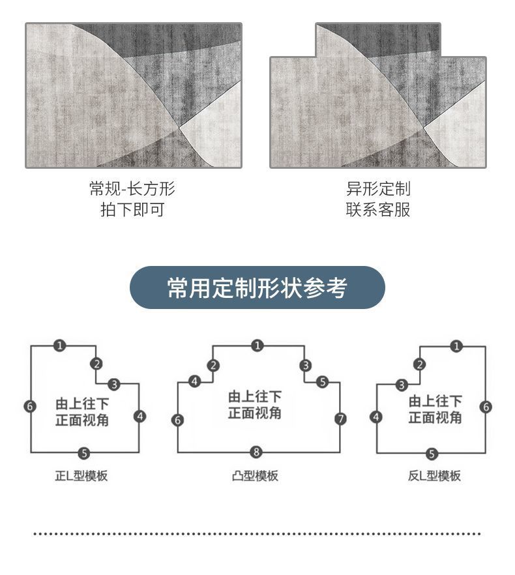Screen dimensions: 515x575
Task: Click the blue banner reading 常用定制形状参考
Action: [257, 287]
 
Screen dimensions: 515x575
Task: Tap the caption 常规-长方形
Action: [132, 189]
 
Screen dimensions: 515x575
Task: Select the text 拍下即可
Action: [132, 210]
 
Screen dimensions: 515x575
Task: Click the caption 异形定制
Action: [378, 189]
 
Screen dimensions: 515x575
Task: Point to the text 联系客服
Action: [378, 210]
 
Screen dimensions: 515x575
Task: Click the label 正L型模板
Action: [81, 476]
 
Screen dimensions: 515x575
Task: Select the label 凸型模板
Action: [255, 476]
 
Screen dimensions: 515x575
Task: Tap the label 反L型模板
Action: [434, 476]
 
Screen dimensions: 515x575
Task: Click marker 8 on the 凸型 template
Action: [256, 452]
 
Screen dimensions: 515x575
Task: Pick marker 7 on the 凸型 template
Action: [340, 419]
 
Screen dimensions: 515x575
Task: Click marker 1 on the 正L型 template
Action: [59, 346]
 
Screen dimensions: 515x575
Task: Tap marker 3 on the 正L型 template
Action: [114, 384]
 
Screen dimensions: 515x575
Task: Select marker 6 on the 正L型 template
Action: [30, 406]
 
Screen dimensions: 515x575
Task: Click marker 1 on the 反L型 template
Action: [456, 346]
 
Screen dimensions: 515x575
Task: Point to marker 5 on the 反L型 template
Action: [432, 454]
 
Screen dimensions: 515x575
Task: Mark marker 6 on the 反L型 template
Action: [486, 407]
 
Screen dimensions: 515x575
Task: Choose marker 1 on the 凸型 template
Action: [257, 346]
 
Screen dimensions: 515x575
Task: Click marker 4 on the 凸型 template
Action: [194, 381]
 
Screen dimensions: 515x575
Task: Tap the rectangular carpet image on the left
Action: [133, 95]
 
